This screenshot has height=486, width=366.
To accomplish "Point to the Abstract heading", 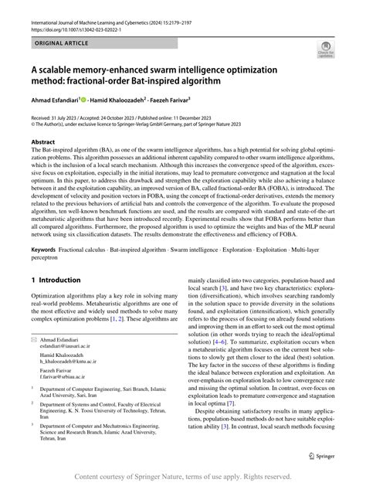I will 43,143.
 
